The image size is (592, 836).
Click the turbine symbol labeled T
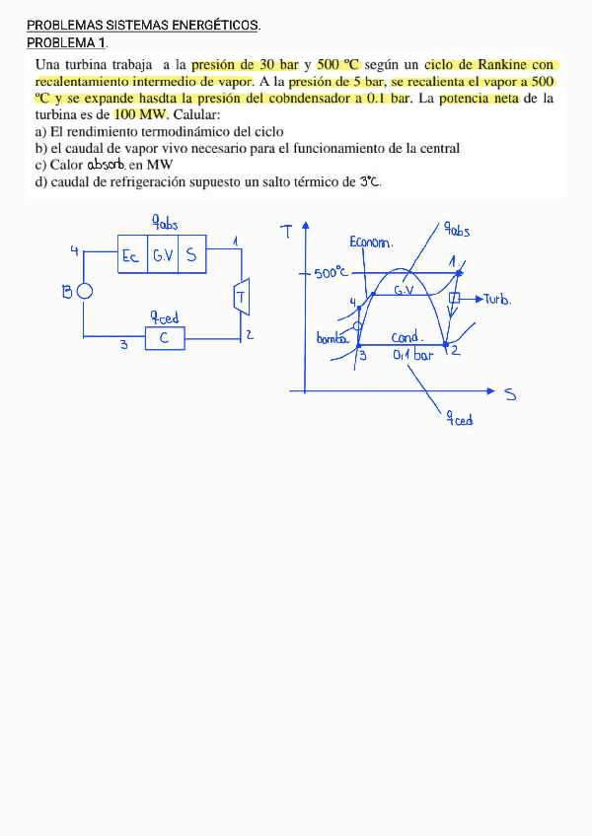(x=240, y=296)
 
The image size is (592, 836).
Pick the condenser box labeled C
(x=165, y=338)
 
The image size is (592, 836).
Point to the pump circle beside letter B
(x=85, y=291)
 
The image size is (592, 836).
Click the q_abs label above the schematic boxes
(x=165, y=222)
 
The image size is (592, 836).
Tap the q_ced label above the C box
(x=164, y=316)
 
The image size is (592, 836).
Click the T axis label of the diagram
(x=286, y=233)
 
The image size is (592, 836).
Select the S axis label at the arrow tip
(x=510, y=395)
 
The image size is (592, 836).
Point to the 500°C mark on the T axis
(x=332, y=273)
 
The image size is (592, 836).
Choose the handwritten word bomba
(x=333, y=338)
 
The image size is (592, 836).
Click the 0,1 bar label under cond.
(x=412, y=354)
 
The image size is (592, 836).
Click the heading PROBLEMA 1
(x=67, y=42)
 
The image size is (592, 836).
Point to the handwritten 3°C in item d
(x=369, y=181)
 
